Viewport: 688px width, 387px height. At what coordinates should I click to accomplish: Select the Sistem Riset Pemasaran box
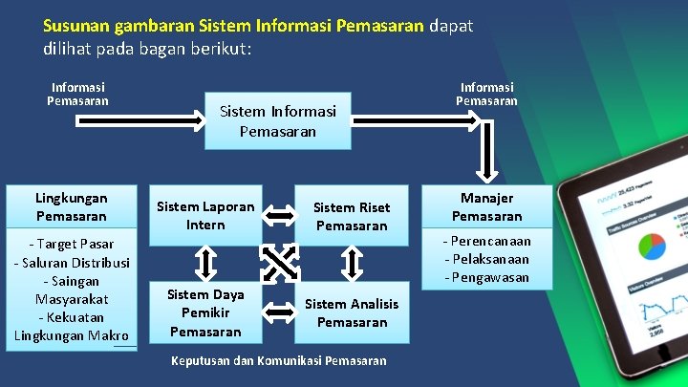tap(352, 217)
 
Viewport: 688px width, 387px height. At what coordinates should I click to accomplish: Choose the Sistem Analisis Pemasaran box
tap(352, 312)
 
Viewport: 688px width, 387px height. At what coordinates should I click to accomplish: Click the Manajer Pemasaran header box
tap(487, 206)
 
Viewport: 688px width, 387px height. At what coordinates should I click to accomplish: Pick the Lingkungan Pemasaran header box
tap(72, 206)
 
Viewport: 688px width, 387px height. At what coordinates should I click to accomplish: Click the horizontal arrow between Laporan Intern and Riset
tap(279, 217)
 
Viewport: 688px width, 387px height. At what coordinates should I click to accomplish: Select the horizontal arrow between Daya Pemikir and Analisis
tap(279, 310)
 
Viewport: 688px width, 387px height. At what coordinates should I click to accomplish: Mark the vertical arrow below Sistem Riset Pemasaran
tap(353, 262)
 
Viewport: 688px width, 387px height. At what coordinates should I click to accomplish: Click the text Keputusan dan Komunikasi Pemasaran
tap(278, 360)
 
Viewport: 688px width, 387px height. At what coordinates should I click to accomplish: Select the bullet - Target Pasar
tap(72, 244)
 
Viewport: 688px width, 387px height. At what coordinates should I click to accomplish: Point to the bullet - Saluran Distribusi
tap(72, 262)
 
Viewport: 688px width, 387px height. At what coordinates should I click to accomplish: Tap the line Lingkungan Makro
tap(72, 335)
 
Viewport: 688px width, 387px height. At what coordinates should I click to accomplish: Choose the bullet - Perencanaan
tap(487, 241)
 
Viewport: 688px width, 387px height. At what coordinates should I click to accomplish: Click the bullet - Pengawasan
tap(487, 277)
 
